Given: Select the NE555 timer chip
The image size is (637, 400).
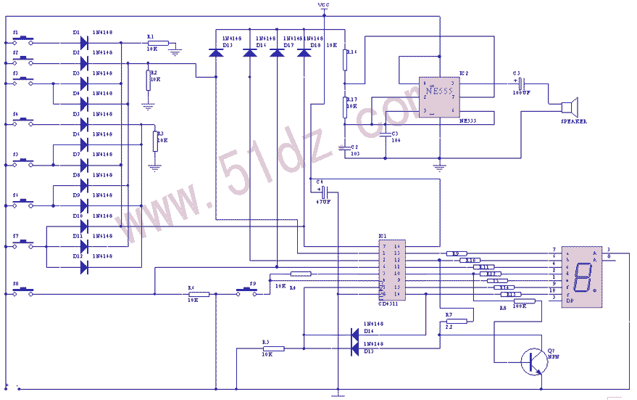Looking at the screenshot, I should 439,97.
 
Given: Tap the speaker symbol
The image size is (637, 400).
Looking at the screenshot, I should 570,107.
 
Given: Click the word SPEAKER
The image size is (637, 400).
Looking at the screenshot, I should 574,122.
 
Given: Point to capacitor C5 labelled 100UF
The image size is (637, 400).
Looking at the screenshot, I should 521,83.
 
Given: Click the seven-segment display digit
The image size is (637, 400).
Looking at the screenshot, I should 581,276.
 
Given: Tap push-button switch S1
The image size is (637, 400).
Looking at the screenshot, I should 25,42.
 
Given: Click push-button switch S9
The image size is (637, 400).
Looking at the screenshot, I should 248,293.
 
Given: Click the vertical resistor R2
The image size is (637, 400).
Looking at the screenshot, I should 148,80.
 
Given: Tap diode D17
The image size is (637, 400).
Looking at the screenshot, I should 277,52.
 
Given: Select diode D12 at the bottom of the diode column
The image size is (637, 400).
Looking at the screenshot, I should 83,266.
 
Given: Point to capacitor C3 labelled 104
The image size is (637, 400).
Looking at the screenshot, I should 386,134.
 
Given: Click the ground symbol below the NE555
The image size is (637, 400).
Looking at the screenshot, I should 438,165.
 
